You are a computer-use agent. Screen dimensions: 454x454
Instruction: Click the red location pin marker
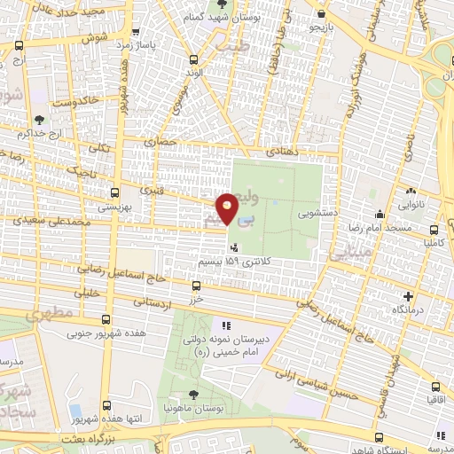pyautogui.click(x=228, y=210)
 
